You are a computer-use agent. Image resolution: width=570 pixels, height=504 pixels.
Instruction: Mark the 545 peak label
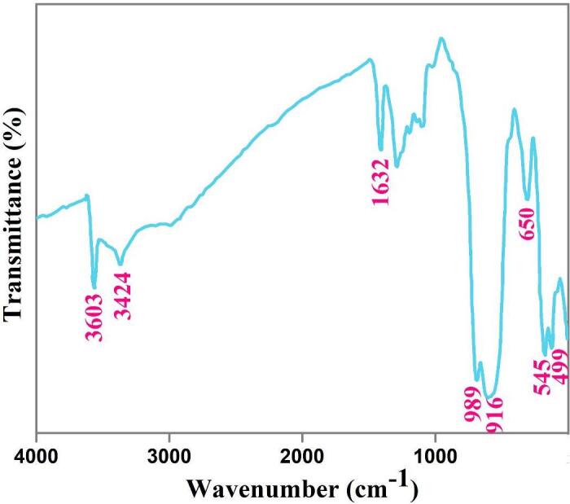point(541,374)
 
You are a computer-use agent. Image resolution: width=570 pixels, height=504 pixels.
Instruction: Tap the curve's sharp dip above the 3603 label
point(94,287)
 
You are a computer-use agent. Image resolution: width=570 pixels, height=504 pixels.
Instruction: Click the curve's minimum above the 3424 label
point(121,264)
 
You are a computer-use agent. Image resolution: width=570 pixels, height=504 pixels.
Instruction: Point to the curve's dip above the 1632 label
point(380,150)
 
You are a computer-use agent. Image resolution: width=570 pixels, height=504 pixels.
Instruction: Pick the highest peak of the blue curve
point(441,38)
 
